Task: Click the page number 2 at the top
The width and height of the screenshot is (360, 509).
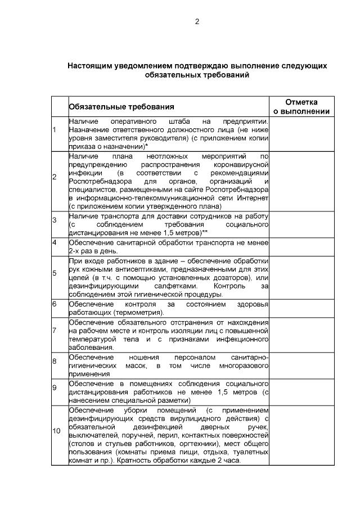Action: (x=197, y=22)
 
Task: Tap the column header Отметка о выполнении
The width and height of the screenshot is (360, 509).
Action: (x=301, y=106)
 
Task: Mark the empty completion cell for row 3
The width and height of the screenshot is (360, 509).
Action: (x=301, y=224)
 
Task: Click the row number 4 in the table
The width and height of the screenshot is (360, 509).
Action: (x=55, y=242)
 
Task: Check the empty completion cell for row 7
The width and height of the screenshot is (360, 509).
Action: (x=301, y=335)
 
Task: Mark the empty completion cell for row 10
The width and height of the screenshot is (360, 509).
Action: (x=301, y=435)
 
